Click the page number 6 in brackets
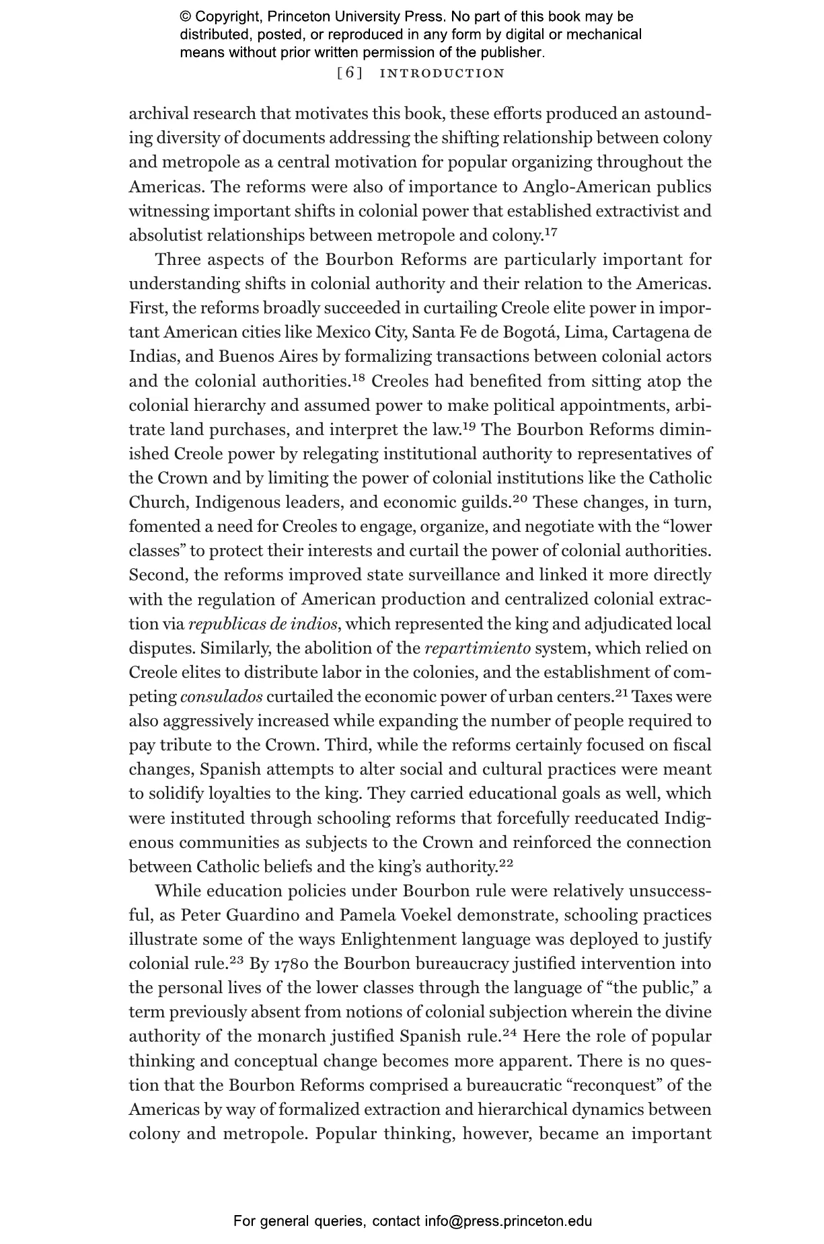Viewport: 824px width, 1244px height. tap(349, 73)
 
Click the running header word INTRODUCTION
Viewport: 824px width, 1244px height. tap(442, 73)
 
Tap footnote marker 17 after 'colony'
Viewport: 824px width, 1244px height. tap(550, 233)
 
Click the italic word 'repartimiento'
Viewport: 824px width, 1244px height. tap(478, 648)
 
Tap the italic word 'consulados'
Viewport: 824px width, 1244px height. tap(221, 697)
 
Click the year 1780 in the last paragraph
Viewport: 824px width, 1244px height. tap(291, 964)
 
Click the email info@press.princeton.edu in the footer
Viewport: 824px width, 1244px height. tap(508, 1221)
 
